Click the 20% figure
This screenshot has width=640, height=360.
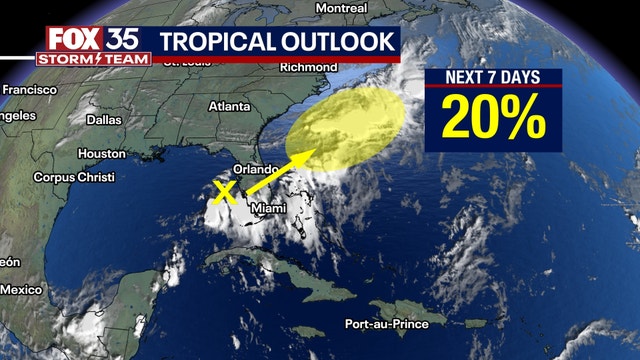click(x=494, y=119)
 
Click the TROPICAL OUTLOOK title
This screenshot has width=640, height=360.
click(x=277, y=43)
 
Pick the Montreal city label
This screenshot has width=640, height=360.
click(x=341, y=8)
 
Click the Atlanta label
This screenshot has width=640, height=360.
click(x=230, y=106)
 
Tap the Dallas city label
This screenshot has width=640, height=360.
click(x=104, y=119)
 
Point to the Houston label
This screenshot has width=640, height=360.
click(x=101, y=154)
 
